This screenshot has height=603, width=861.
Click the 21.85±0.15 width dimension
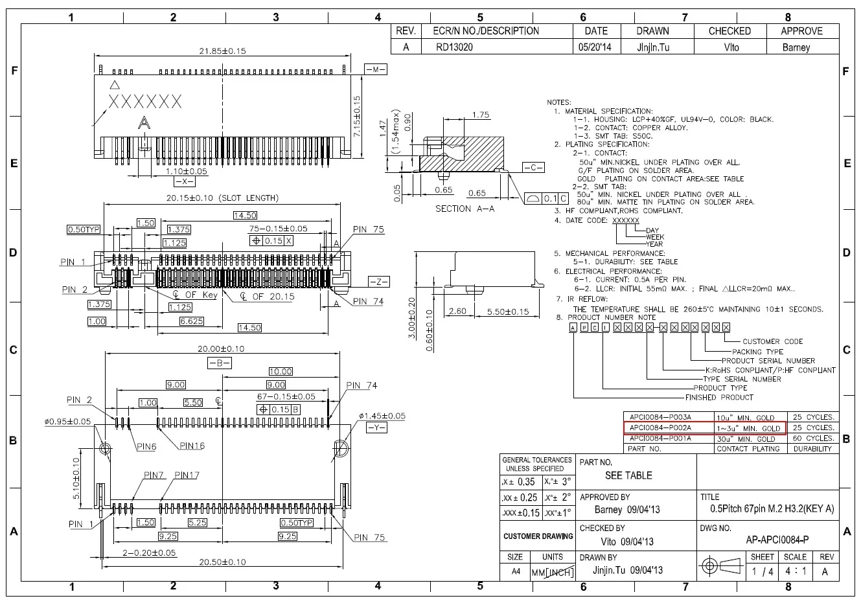pos(222,51)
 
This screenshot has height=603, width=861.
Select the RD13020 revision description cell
pos(454,47)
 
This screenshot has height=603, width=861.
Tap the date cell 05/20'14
pos(596,47)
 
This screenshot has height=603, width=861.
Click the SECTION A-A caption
pos(465,209)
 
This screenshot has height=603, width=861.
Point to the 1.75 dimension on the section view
pos(481,115)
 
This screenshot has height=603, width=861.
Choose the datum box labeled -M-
pos(376,69)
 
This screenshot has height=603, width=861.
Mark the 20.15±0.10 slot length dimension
pos(222,198)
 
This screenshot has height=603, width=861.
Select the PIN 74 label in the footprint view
pos(362,385)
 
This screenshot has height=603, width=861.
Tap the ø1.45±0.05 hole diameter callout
pos(382,416)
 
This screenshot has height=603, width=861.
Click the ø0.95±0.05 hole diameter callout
pos(68,422)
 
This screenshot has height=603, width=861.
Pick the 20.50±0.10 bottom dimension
pos(222,562)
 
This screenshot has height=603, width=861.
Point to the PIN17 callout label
pos(187,475)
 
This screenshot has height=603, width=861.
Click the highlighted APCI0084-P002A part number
pos(660,428)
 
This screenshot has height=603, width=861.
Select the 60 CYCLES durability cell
pos(812,438)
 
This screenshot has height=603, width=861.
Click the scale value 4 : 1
pos(795,571)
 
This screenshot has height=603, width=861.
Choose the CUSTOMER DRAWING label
pos(538,536)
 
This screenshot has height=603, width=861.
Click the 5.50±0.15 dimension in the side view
pos(507,312)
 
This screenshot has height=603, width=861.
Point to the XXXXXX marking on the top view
pos(145,102)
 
